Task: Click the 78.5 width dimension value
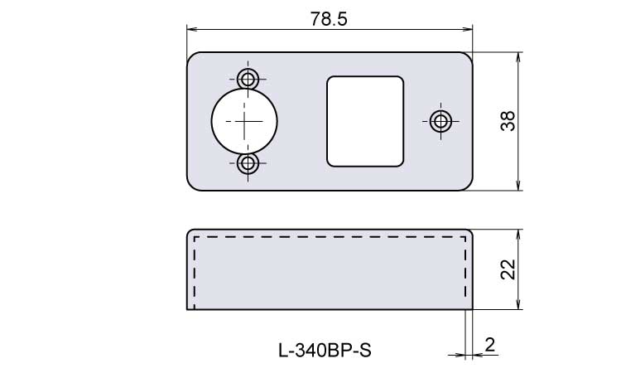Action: coord(329,18)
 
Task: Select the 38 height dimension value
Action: coord(508,121)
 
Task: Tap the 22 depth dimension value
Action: coord(508,269)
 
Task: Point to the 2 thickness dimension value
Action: coord(490,345)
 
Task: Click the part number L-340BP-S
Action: coord(325,351)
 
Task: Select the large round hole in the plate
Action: coord(244,121)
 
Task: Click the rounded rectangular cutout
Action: coord(365,121)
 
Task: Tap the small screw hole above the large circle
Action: coord(248,80)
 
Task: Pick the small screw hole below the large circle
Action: coord(248,163)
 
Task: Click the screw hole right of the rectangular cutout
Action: coord(440,121)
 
